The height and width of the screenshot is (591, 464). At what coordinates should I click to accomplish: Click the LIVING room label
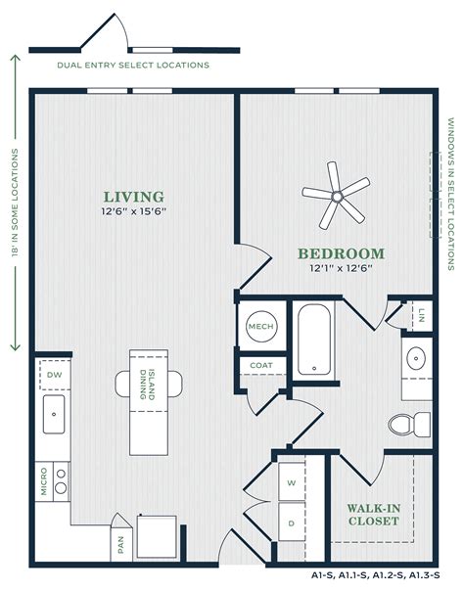pos(135,197)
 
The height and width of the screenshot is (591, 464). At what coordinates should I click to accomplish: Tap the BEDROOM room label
pos(341,253)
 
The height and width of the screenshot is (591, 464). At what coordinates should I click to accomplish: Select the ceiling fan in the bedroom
pos(336,197)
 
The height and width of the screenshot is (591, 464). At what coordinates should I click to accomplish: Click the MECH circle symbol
pos(259,326)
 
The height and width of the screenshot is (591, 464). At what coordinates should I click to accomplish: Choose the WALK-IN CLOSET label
pos(373,515)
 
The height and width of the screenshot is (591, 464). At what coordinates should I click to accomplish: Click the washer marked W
pos(291,482)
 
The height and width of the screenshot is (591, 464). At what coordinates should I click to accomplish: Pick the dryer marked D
pos(291,523)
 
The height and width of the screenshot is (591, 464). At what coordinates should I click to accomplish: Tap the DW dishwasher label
pos(53,374)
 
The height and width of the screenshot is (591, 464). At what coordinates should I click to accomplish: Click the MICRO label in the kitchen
pos(43,482)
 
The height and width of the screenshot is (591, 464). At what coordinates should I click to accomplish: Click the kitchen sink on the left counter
pos(53,416)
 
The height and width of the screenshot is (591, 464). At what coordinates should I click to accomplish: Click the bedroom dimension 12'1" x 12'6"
pos(341,268)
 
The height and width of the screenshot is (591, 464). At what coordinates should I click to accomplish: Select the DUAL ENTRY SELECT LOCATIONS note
pos(133,66)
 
